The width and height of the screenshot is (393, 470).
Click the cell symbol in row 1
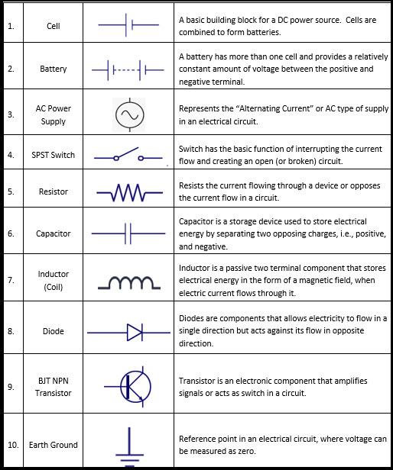click(128, 25)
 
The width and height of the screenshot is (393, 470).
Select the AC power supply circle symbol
click(128, 114)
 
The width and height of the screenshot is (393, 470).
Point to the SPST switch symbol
click(128, 156)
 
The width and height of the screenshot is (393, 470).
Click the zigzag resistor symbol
click(128, 192)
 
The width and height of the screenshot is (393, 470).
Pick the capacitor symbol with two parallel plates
click(128, 233)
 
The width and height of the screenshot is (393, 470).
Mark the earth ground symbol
click(129, 445)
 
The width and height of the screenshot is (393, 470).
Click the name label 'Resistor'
click(53, 192)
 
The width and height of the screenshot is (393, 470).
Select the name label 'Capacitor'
click(53, 233)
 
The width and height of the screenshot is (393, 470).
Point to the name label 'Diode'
click(53, 332)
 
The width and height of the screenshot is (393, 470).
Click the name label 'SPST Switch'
click(53, 155)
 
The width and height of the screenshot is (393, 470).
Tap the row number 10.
click(13, 445)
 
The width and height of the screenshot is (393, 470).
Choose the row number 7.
click(11, 281)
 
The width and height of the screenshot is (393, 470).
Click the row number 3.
click(11, 114)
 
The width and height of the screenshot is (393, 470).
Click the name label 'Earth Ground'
click(53, 445)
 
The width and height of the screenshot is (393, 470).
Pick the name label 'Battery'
click(53, 69)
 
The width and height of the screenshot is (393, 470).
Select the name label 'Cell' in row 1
click(53, 25)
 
